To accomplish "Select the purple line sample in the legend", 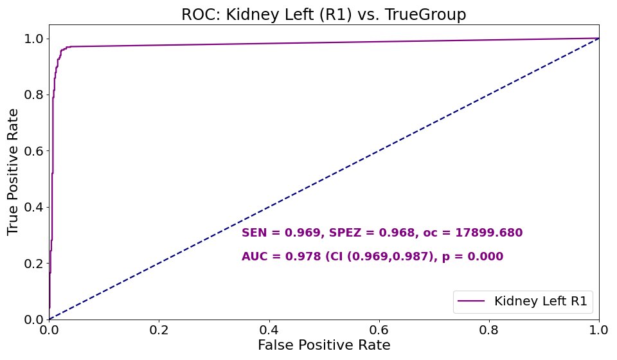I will tap(471, 301).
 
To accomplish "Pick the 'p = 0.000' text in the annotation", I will tap(472, 256).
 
